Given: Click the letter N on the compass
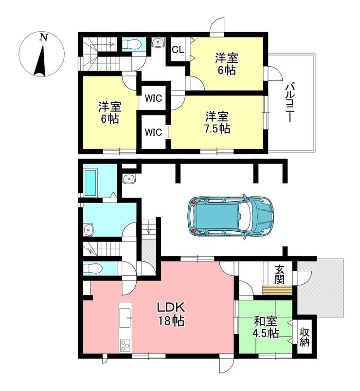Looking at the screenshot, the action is pyautogui.click(x=44, y=37).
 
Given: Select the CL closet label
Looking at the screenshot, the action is pyautogui.click(x=178, y=50).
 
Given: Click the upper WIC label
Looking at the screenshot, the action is pyautogui.click(x=153, y=98).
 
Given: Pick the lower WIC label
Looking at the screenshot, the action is pyautogui.click(x=153, y=132).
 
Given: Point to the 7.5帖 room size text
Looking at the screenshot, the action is pyautogui.click(x=217, y=129).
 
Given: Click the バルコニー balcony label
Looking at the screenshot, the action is pyautogui.click(x=289, y=103).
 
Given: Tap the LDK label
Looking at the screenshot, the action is pyautogui.click(x=171, y=307).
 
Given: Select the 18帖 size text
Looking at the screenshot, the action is pyautogui.click(x=171, y=321).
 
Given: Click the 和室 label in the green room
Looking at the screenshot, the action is pyautogui.click(x=266, y=321).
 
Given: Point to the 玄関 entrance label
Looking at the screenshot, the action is pyautogui.click(x=280, y=275).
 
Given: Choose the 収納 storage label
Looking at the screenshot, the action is pyautogui.click(x=305, y=337).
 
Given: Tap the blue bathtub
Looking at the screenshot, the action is pyautogui.click(x=90, y=183).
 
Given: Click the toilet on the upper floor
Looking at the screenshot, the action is pyautogui.click(x=132, y=45).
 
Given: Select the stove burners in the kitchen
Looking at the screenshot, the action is pyautogui.click(x=125, y=346).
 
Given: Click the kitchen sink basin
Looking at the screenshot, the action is pyautogui.click(x=125, y=318).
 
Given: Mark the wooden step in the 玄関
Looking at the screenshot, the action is pyautogui.click(x=277, y=291).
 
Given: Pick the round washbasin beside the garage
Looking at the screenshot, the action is pyautogui.click(x=128, y=179).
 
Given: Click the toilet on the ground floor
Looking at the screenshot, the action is pyautogui.click(x=93, y=269).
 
